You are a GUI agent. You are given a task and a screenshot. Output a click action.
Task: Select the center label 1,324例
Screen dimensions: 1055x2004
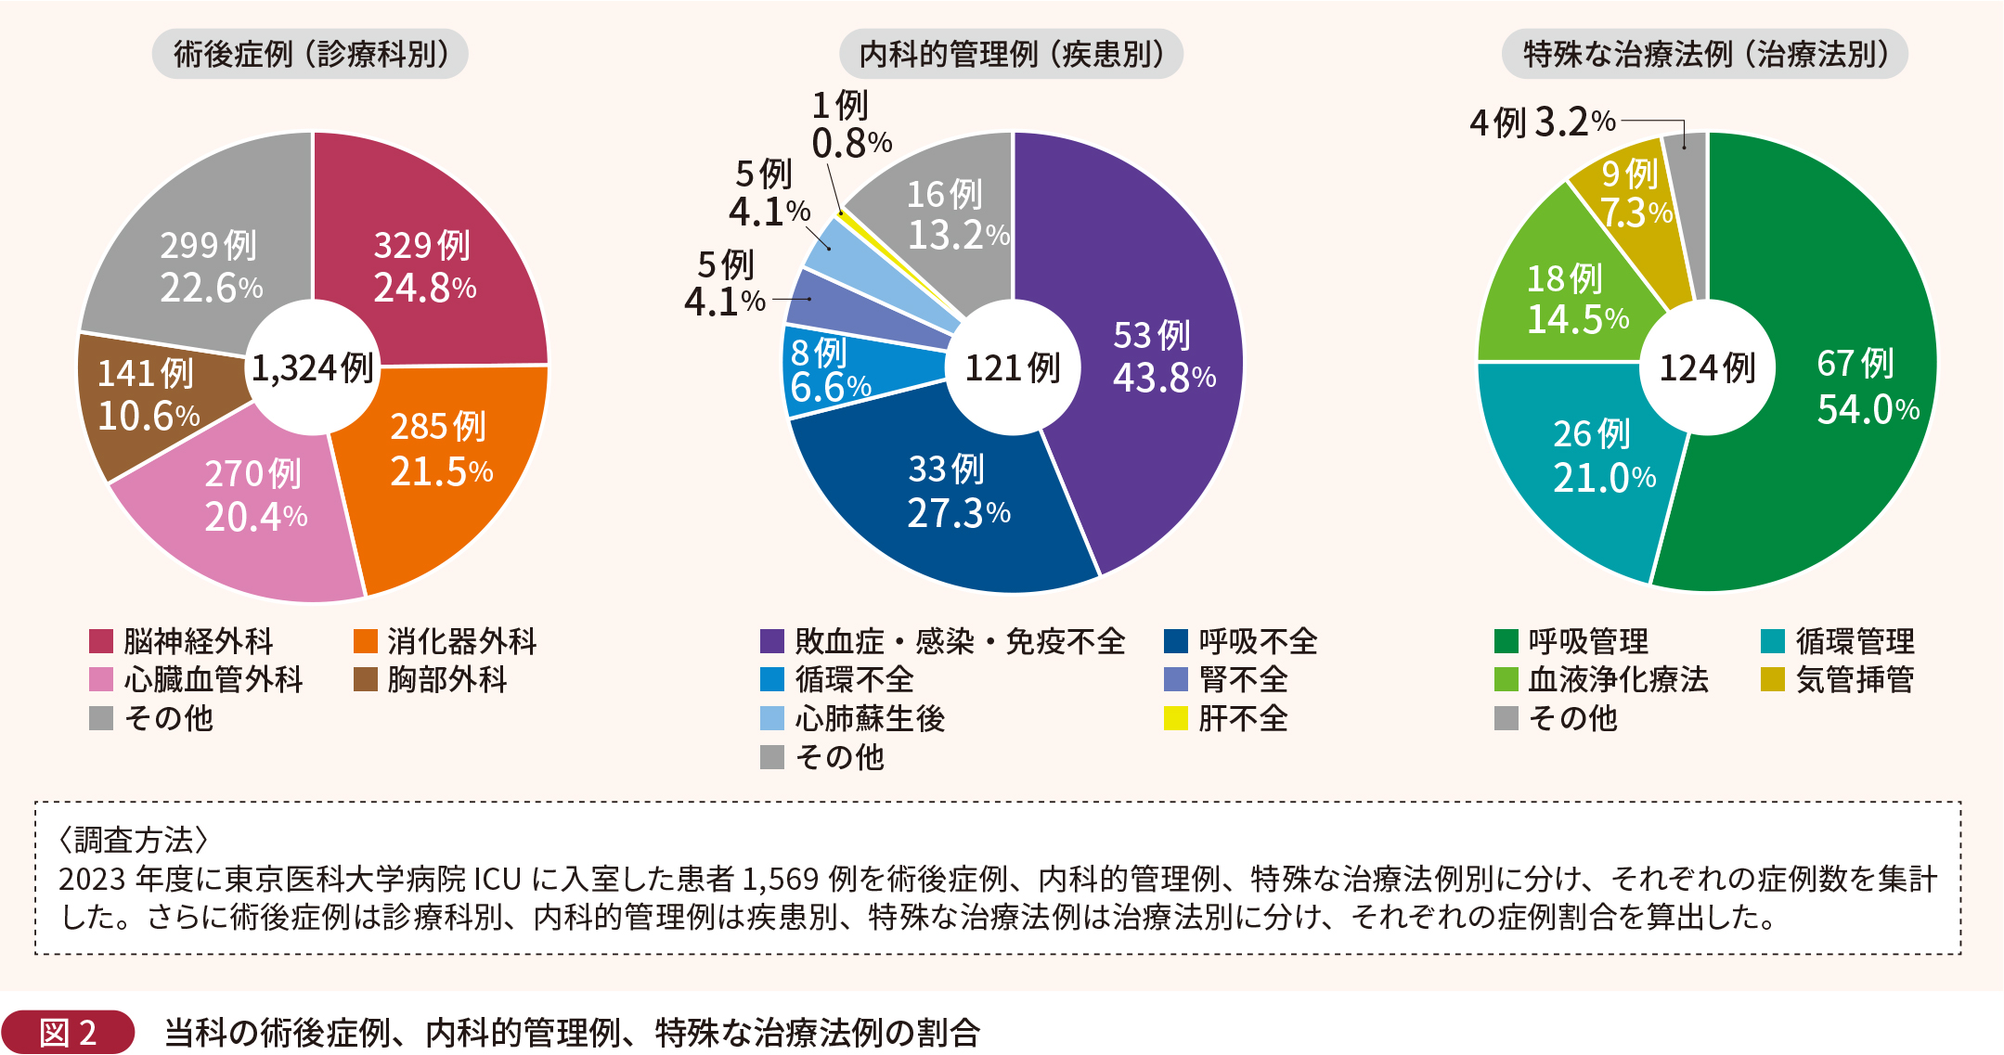[313, 368]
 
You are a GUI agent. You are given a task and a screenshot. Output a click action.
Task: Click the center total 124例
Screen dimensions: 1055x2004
[1707, 368]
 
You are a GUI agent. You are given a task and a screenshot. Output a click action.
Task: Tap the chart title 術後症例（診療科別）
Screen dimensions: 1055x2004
[310, 54]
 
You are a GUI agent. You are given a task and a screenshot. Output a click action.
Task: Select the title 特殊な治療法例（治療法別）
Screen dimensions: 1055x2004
[1705, 54]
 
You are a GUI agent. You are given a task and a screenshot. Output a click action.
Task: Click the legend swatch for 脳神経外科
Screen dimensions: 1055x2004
[101, 641]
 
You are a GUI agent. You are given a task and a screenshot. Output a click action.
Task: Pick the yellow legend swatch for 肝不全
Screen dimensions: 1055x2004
[1176, 719]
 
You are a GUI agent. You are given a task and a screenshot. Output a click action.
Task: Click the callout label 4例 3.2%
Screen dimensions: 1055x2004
[1543, 122]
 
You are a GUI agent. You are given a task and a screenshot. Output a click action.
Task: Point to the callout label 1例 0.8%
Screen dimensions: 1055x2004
[850, 124]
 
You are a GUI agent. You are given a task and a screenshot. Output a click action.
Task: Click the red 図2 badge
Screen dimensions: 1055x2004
[68, 1032]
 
